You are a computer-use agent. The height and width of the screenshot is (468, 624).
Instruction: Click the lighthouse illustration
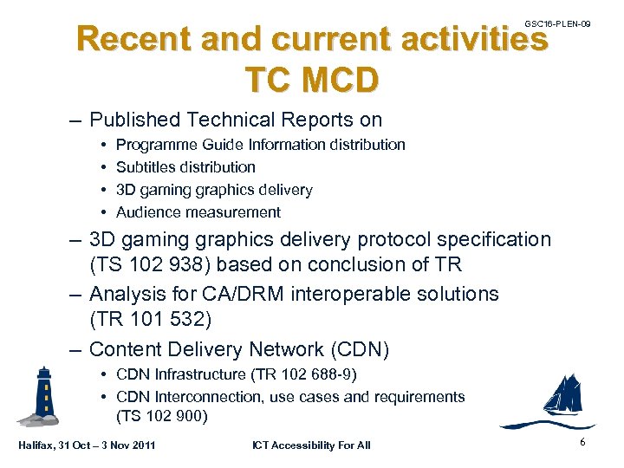tap(41, 395)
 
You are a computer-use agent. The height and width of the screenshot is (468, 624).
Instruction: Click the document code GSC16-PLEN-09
tap(557, 23)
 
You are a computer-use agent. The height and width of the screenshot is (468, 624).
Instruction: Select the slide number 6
tap(583, 442)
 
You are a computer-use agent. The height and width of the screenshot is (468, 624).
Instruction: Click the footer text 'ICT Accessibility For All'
tap(310, 445)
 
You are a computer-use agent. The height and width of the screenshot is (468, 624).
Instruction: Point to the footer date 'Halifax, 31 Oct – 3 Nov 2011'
tap(87, 445)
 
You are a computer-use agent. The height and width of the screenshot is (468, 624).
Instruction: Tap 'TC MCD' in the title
tap(312, 79)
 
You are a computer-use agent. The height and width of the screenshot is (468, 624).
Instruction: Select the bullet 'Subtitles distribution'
tap(185, 167)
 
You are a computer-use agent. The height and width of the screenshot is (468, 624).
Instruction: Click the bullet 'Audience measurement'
tap(198, 212)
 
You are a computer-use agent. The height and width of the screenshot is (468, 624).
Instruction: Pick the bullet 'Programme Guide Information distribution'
tap(260, 145)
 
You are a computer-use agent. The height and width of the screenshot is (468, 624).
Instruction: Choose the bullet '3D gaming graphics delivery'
tap(214, 190)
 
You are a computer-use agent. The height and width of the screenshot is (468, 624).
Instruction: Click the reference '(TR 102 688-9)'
tap(303, 374)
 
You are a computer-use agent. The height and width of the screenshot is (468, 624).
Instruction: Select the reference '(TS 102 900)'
tap(162, 417)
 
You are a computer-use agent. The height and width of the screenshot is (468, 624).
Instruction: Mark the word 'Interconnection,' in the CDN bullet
tap(210, 397)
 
